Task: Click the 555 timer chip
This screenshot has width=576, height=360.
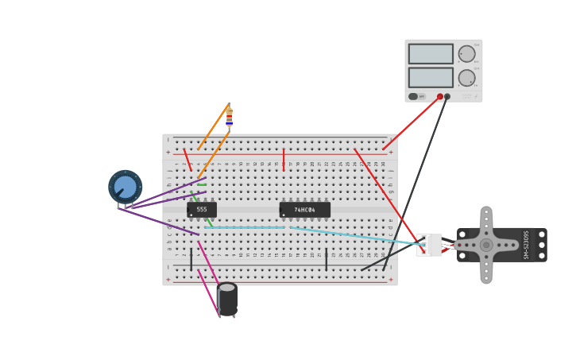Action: (202, 210)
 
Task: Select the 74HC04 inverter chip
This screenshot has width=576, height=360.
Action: (304, 210)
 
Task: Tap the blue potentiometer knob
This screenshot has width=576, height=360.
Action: (125, 187)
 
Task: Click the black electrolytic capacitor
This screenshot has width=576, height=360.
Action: (227, 300)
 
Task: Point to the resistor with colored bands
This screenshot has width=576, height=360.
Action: (229, 117)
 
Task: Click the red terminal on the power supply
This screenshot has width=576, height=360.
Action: (440, 97)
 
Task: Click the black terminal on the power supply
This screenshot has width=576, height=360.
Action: (447, 97)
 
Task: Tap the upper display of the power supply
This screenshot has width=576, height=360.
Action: (431, 54)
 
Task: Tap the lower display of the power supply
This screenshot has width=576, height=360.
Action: (431, 77)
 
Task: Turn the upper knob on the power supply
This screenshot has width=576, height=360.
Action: (466, 54)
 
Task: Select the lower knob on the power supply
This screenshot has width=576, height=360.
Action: (466, 78)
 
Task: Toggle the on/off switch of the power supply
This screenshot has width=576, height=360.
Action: (414, 97)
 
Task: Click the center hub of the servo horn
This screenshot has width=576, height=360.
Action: (486, 245)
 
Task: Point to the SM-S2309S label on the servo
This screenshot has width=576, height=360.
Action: (526, 245)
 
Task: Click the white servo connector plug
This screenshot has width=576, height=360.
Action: (429, 245)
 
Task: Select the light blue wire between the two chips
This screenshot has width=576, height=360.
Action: (246, 227)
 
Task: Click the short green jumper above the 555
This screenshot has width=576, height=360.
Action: (202, 185)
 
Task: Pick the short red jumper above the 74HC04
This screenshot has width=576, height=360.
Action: (283, 159)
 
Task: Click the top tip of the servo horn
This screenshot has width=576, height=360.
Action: (486, 212)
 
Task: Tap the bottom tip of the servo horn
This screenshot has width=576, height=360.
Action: (486, 278)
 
